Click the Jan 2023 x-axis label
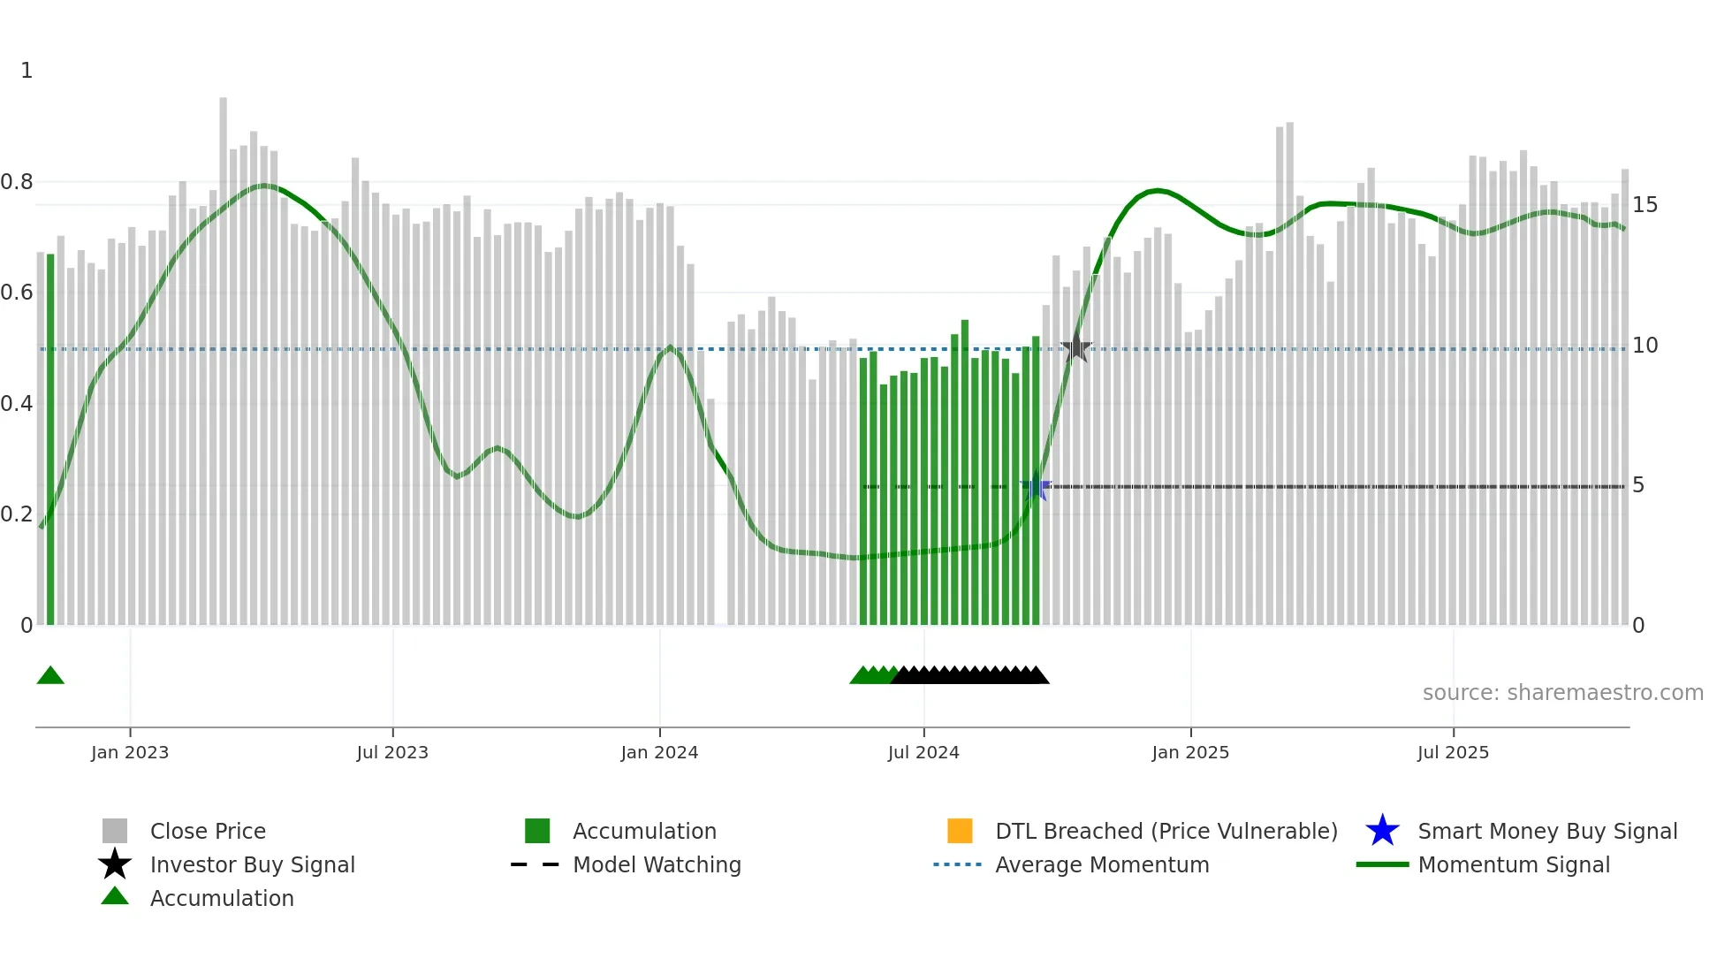pos(129,752)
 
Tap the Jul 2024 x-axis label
pos(923,752)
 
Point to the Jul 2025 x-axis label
pos(1453,752)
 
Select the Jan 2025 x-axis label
pos(1189,752)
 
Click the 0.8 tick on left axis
pos(17,182)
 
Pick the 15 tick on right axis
pos(1645,205)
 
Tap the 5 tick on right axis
pos(1638,485)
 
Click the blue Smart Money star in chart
pos(1035,487)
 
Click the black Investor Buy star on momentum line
pos(1076,348)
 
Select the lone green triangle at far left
pos(50,676)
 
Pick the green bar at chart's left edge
pos(50,442)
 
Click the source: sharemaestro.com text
pos(1562,693)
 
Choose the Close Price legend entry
pos(208,831)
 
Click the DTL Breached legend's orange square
pos(960,831)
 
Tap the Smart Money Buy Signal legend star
pos(1382,831)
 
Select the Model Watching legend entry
pos(656,864)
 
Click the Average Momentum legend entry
pos(1101,864)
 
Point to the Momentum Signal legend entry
pos(1513,864)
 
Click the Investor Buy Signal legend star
pos(115,864)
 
